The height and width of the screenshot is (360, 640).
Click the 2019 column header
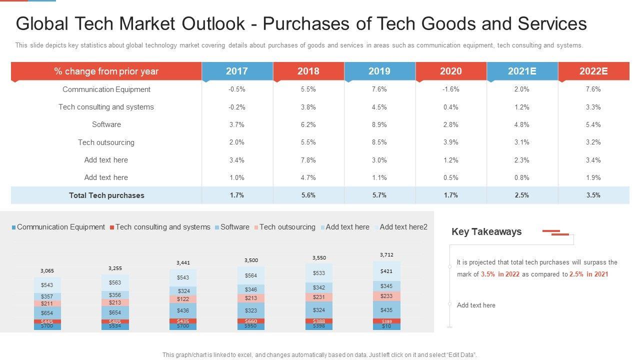tap(379, 71)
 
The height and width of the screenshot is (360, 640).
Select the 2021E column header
tap(522, 71)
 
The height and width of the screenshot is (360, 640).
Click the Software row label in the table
tap(106, 124)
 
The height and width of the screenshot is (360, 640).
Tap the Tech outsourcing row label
tap(106, 142)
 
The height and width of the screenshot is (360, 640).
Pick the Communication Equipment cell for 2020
tap(450, 89)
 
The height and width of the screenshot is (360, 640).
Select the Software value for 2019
tap(379, 124)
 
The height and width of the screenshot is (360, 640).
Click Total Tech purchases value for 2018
tap(308, 195)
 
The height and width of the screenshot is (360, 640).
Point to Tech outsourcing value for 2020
tap(450, 142)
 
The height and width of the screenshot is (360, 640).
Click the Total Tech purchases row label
tap(106, 195)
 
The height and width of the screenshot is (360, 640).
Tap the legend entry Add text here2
tap(403, 227)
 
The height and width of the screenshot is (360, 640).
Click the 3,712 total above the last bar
tap(386, 254)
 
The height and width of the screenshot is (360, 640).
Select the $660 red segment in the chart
tap(251, 321)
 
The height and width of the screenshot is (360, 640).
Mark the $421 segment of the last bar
tap(386, 271)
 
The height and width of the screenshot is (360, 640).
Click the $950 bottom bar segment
tap(251, 326)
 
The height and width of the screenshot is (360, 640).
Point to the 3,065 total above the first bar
tap(47, 270)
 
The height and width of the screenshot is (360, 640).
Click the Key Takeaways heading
tap(486, 231)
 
